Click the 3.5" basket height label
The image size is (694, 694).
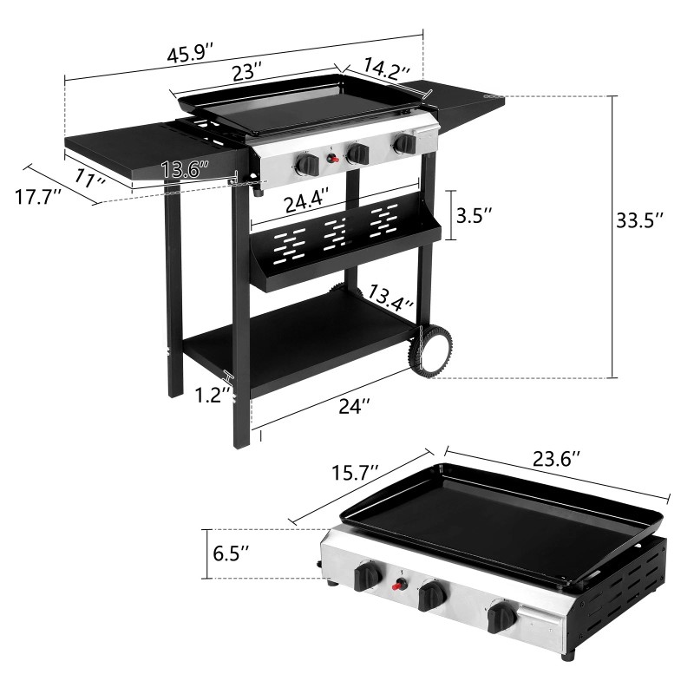(475, 214)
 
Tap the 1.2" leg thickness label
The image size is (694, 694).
(213, 395)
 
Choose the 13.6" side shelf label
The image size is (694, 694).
(185, 169)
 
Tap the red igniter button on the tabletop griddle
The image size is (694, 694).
(400, 585)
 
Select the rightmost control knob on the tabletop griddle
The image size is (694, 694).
(501, 619)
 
